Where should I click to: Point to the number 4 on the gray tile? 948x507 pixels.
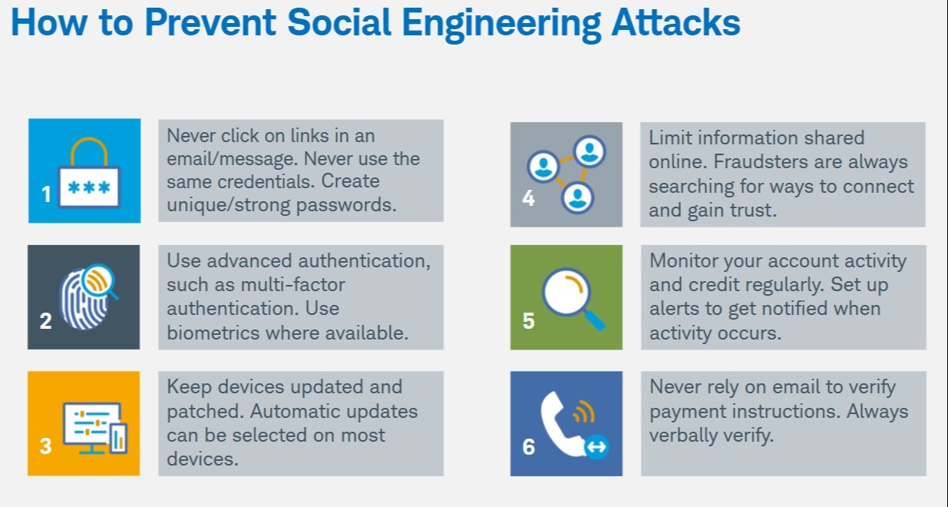528,198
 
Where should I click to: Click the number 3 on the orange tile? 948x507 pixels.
45,446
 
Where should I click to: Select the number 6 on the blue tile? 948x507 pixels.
528,446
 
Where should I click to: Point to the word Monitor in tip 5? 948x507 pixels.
685,261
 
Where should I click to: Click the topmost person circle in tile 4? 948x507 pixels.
590,151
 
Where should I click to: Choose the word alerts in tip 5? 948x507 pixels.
674,309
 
